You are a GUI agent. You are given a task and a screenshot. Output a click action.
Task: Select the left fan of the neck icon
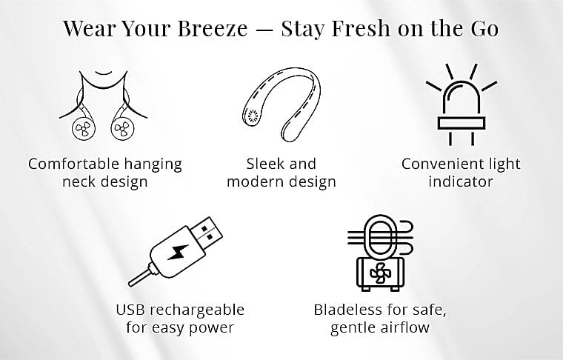click(82, 129)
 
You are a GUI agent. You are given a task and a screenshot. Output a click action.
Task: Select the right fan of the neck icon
click(121, 129)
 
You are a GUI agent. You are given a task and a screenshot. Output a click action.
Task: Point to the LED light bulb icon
click(461, 104)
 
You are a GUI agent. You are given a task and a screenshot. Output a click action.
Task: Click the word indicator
click(460, 181)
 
